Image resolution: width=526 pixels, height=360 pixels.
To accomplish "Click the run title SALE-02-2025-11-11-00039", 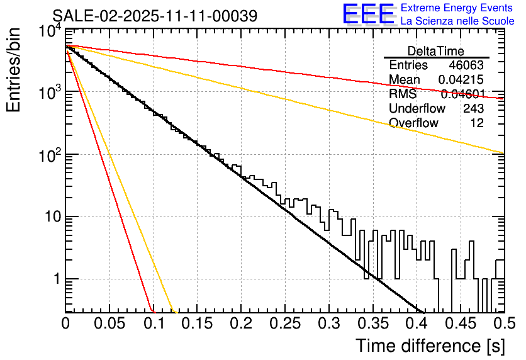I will (x=155, y=16).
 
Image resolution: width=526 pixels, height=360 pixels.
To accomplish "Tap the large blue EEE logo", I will (x=368, y=14).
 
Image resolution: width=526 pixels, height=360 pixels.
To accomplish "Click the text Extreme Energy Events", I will (x=457, y=8).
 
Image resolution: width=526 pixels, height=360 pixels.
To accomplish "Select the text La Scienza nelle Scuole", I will (x=457, y=21).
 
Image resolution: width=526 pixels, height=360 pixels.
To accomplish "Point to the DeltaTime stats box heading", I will (x=436, y=51).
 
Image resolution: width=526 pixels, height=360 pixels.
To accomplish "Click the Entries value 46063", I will (x=466, y=65).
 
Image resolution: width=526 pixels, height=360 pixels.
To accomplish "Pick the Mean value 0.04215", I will (x=461, y=80).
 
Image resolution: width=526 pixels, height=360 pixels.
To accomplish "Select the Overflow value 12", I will (x=477, y=123).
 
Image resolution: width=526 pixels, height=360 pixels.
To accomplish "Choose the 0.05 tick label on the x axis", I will (x=109, y=323).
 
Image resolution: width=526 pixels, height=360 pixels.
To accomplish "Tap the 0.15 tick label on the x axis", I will (x=197, y=323).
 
